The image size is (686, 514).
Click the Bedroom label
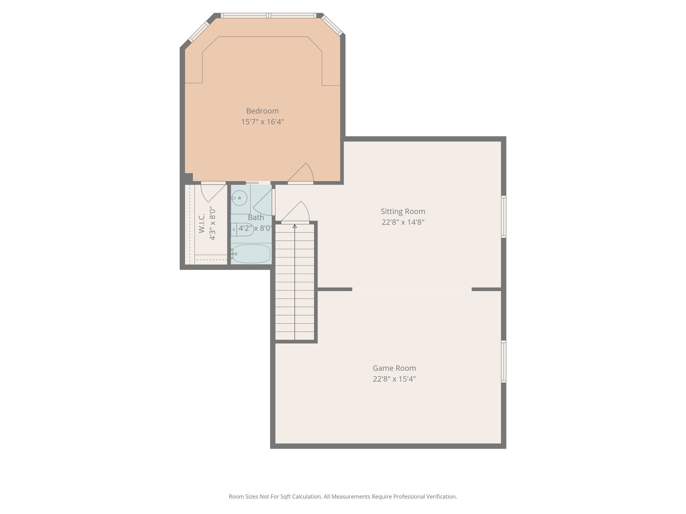click(x=262, y=111)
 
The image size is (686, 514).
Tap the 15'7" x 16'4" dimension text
click(x=262, y=122)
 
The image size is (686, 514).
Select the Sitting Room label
click(x=403, y=211)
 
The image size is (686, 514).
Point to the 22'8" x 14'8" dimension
click(x=403, y=222)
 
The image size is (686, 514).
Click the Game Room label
click(x=394, y=368)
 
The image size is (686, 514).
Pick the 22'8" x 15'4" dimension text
click(x=394, y=379)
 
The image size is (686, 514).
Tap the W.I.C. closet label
click(x=201, y=224)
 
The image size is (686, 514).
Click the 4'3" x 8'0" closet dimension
click(x=212, y=224)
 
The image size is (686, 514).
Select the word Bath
click(x=256, y=218)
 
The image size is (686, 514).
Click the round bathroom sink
click(x=239, y=198)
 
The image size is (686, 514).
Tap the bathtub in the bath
click(x=251, y=253)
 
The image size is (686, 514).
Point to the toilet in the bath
click(x=243, y=230)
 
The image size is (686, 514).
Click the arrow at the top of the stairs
click(x=295, y=226)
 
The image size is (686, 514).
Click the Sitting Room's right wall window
click(x=503, y=217)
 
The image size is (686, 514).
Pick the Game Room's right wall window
click(x=503, y=361)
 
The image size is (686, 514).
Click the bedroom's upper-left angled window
click(x=199, y=32)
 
